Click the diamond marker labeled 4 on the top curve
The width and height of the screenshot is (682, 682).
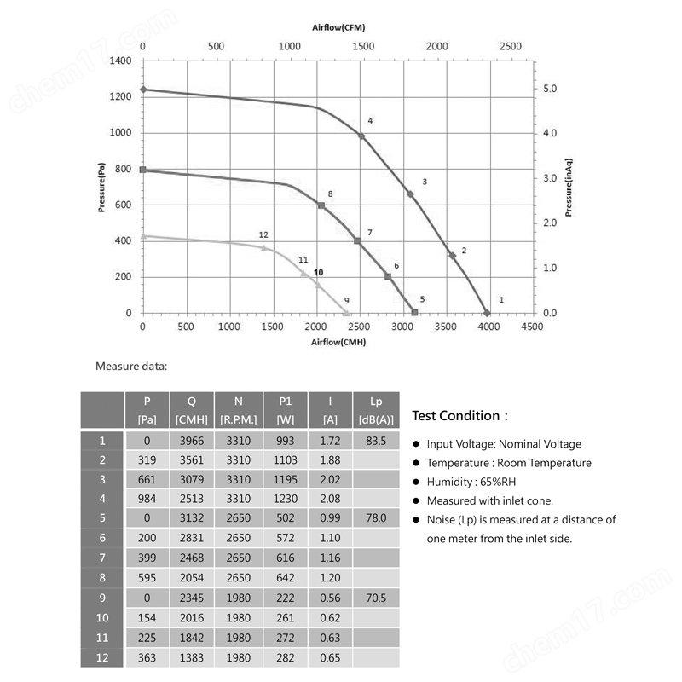click(361, 136)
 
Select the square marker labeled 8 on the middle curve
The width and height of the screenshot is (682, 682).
click(321, 205)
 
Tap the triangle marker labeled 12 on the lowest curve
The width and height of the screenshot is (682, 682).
click(264, 248)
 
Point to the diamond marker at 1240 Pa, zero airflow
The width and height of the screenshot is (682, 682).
click(143, 90)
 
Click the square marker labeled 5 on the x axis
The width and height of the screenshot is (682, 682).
click(414, 312)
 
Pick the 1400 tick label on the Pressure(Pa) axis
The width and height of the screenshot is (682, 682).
click(120, 61)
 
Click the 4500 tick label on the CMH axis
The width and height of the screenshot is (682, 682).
click(532, 327)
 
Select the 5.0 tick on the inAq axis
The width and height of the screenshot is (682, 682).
click(550, 89)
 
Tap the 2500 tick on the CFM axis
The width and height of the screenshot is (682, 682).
click(510, 46)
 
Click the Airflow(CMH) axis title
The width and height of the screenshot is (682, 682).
click(338, 343)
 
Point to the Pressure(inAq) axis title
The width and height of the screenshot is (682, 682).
click(569, 188)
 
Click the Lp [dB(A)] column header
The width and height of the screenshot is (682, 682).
click(376, 410)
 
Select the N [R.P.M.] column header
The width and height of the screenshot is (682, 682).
click(239, 410)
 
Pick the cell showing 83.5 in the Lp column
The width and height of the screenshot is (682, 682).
click(376, 441)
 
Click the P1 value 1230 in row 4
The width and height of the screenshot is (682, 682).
click(286, 499)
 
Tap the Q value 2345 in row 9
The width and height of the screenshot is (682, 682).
click(192, 598)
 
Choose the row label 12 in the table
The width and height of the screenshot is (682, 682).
click(102, 657)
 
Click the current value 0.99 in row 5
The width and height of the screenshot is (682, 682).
click(330, 517)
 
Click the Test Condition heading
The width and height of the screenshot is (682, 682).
click(459, 416)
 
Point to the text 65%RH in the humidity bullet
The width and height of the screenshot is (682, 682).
click(498, 482)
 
